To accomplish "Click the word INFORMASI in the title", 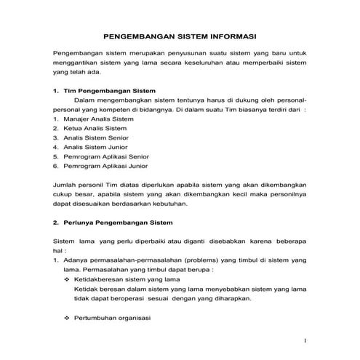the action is (x=234, y=35).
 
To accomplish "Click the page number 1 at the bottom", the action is (x=305, y=340).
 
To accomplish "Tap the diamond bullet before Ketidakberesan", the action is (x=68, y=279).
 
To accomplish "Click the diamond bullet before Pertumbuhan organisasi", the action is (x=68, y=318).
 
